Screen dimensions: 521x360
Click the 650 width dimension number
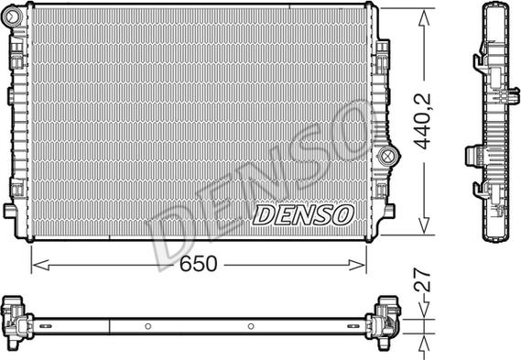199,264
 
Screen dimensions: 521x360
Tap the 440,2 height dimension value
422,121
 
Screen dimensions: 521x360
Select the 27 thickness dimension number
422,280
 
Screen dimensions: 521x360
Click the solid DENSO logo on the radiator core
303,215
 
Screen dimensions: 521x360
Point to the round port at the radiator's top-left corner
13,15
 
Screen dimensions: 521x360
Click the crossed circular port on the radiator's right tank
386,156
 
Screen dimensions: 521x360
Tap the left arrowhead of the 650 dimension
41,266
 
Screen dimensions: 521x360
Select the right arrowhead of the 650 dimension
357,266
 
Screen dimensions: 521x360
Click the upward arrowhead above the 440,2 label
424,18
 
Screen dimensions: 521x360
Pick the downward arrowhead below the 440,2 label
424,226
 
